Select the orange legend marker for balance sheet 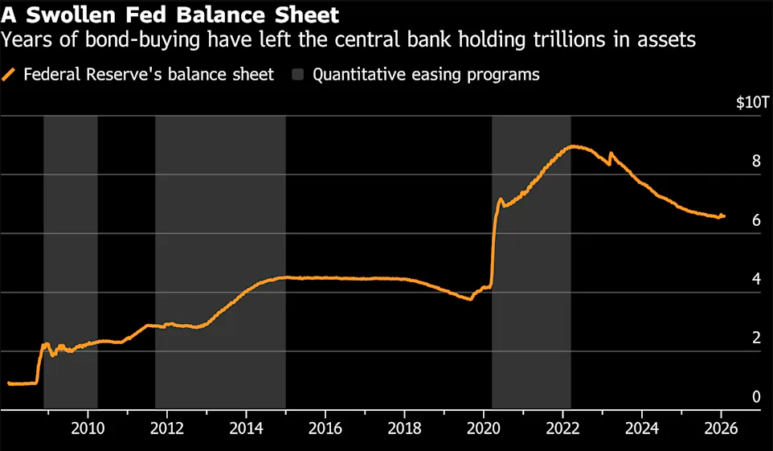pos(10,75)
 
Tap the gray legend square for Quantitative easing pos(298,75)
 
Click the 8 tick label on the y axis pos(755,161)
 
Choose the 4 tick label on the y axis pos(755,279)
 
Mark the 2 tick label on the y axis pos(755,338)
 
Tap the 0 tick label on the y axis pos(755,396)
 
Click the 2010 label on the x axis pos(87,426)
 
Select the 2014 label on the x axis pos(246,426)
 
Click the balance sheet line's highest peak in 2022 pos(572,146)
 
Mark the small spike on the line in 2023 pos(611,153)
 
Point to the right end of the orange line pos(724,215)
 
